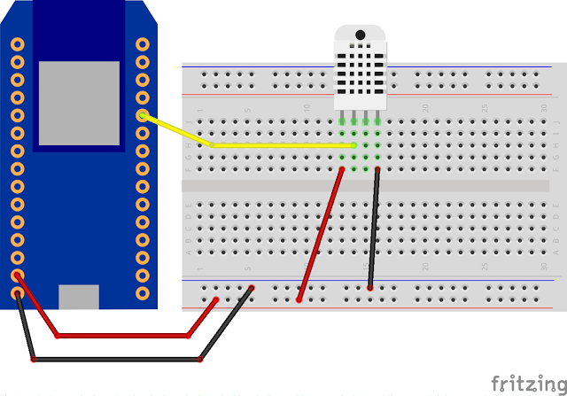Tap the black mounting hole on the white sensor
pyautogui.click(x=361, y=36)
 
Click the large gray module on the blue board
pyautogui.click(x=79, y=103)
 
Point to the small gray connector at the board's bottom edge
pyautogui.click(x=78, y=296)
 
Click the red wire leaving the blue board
pyautogui.click(x=124, y=336)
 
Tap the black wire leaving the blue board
pyautogui.click(x=115, y=360)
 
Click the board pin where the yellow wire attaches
pyautogui.click(x=142, y=115)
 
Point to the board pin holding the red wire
pyautogui.click(x=17, y=276)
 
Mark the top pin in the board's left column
pyautogui.click(x=17, y=43)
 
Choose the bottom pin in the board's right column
pyautogui.click(x=142, y=292)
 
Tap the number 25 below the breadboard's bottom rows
pyautogui.click(x=485, y=267)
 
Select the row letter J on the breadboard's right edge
pyautogui.click(x=555, y=121)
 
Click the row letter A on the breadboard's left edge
pyautogui.click(x=188, y=252)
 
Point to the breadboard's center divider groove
pyautogui.click(x=372, y=186)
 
